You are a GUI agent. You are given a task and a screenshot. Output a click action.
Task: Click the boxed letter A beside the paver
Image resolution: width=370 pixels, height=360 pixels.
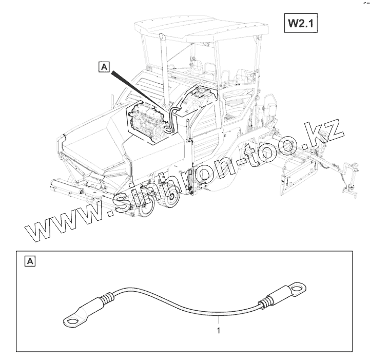point(104,67)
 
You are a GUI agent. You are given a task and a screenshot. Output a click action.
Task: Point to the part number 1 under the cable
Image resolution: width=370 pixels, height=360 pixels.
point(219,331)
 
